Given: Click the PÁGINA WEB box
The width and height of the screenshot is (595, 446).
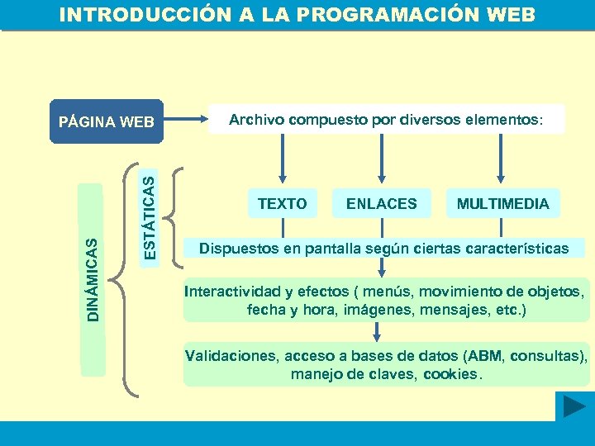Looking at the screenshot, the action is [107, 122].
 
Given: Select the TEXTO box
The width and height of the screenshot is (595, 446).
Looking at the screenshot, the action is [282, 203].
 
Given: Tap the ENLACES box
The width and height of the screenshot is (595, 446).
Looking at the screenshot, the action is [381, 203].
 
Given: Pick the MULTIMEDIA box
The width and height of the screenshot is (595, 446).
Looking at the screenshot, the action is [502, 203].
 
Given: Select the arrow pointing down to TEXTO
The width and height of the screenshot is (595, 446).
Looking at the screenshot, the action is [283, 157].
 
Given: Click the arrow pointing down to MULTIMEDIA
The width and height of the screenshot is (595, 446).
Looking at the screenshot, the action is [499, 157].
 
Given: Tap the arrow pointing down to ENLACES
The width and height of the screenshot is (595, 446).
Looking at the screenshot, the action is [381, 157].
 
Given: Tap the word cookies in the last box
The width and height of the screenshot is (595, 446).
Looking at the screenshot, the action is [450, 374].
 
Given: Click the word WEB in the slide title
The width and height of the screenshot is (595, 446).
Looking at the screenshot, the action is [510, 16].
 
